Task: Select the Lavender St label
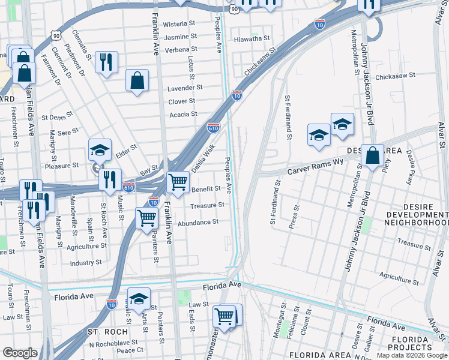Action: [185, 88]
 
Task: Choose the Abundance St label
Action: [198, 222]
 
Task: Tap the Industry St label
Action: [86, 263]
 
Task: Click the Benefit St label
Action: [206, 189]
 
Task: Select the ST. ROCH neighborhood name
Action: [107, 331]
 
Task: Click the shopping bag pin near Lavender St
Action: [137, 80]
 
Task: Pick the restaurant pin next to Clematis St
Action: [106, 62]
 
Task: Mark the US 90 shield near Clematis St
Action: [55, 37]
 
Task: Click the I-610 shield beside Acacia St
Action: [213, 127]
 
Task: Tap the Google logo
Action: [20, 353]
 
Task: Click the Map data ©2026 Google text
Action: [411, 355]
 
